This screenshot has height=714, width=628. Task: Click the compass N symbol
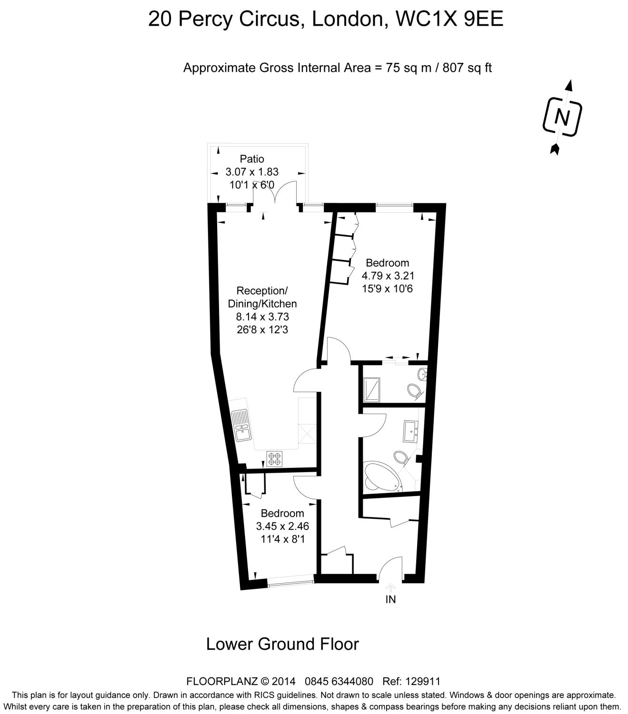[562, 117]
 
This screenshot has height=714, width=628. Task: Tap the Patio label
[251, 159]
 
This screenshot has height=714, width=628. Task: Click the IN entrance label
[390, 600]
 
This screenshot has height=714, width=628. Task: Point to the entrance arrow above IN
[390, 587]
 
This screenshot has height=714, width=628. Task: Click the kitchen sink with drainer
[241, 425]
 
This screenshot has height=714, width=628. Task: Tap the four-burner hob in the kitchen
[275, 458]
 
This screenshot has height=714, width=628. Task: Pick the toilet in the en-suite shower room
[415, 390]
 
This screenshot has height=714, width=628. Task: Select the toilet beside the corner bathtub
[401, 458]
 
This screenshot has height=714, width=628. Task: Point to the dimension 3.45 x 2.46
[282, 526]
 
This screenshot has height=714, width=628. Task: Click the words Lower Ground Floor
[282, 644]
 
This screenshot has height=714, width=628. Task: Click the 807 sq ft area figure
[467, 68]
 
